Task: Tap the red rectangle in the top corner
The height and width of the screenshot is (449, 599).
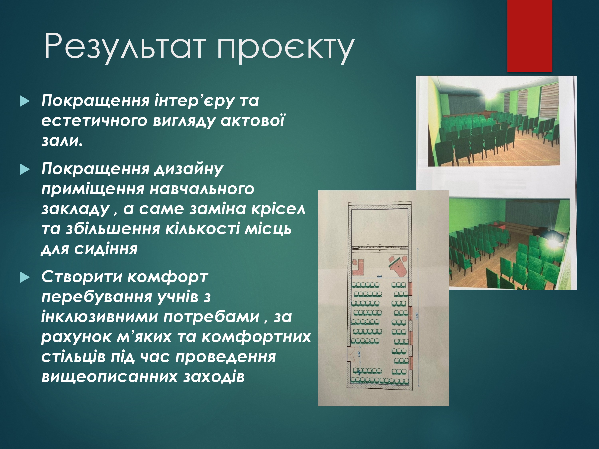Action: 530,36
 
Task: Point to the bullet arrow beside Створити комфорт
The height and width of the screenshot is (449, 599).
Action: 25,277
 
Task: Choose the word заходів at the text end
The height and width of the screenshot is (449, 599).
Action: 214,377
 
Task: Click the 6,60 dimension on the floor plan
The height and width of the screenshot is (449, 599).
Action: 379,276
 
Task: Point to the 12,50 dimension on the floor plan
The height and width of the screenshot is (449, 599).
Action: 417,316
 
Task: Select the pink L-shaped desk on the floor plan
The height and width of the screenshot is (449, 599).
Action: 358,267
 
